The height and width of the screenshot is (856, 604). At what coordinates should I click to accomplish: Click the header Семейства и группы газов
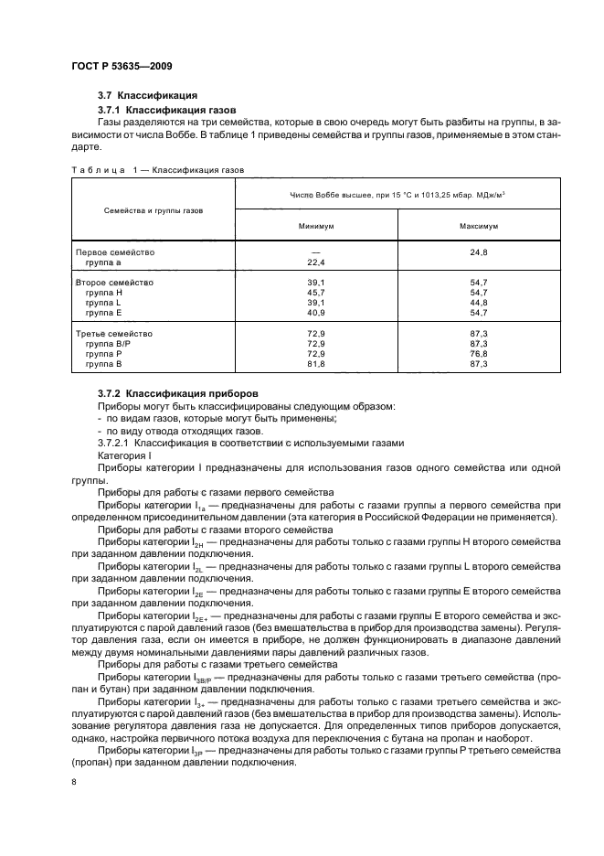(154, 209)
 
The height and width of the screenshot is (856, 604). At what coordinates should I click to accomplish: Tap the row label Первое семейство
(114, 251)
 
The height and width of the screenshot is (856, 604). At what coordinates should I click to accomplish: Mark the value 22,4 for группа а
(316, 262)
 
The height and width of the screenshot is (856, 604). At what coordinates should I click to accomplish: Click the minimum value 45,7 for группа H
(316, 293)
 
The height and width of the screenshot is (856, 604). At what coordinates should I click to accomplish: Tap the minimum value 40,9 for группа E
(316, 313)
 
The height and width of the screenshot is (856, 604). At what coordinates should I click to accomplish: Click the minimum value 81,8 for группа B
(316, 364)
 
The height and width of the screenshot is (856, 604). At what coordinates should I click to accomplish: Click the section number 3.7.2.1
(118, 443)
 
